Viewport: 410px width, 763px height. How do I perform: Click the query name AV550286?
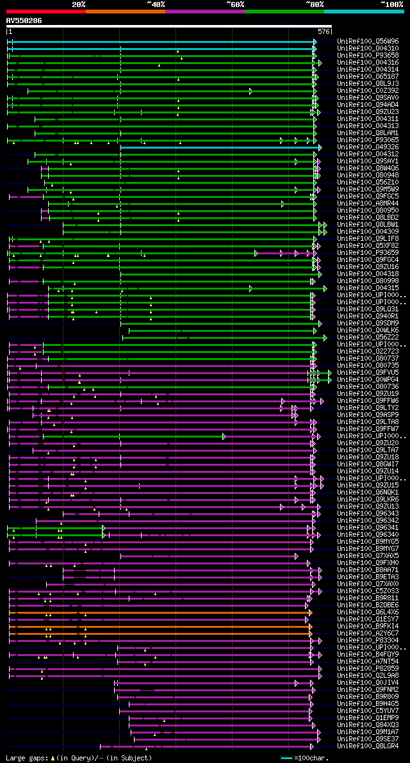(24, 21)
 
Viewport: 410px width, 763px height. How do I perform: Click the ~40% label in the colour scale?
(155, 4)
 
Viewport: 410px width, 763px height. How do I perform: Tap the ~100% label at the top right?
(392, 4)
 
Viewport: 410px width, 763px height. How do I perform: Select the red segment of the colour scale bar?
(45, 11)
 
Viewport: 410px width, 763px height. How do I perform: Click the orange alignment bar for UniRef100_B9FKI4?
(160, 626)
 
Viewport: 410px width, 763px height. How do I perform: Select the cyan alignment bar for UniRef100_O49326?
(218, 147)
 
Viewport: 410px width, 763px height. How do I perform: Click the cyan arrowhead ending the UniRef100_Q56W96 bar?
(315, 41)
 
